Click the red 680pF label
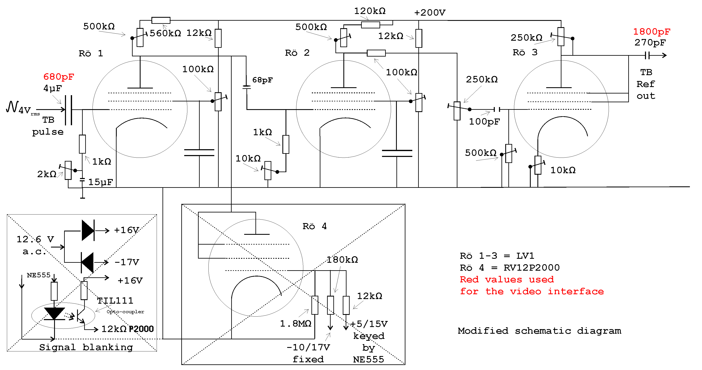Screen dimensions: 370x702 (x=59, y=77)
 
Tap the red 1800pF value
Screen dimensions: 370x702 (x=651, y=32)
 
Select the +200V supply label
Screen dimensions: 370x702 (x=430, y=13)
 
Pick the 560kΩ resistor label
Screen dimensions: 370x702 (x=165, y=33)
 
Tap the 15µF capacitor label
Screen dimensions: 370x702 (x=100, y=182)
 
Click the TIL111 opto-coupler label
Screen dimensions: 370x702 (x=115, y=301)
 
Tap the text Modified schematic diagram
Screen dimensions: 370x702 (x=539, y=331)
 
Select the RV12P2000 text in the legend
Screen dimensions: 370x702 (x=531, y=268)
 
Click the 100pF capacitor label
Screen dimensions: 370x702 (x=484, y=121)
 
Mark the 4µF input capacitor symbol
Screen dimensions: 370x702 (x=69, y=110)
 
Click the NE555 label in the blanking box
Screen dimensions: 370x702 (x=38, y=275)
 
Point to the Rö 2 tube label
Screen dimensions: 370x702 (x=297, y=53)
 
